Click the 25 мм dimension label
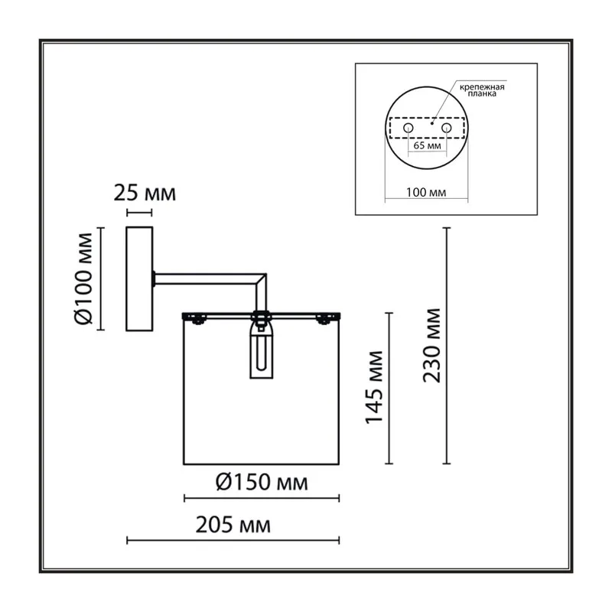tap(145, 194)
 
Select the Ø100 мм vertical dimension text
tap(83, 278)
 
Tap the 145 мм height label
tap(374, 388)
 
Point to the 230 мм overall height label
tap(431, 346)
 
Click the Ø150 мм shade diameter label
tap(262, 482)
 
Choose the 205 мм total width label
tap(233, 525)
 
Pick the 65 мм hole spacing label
tap(428, 145)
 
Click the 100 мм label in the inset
tap(426, 192)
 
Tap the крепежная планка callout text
tap(482, 90)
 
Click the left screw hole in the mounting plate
tap(409, 128)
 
